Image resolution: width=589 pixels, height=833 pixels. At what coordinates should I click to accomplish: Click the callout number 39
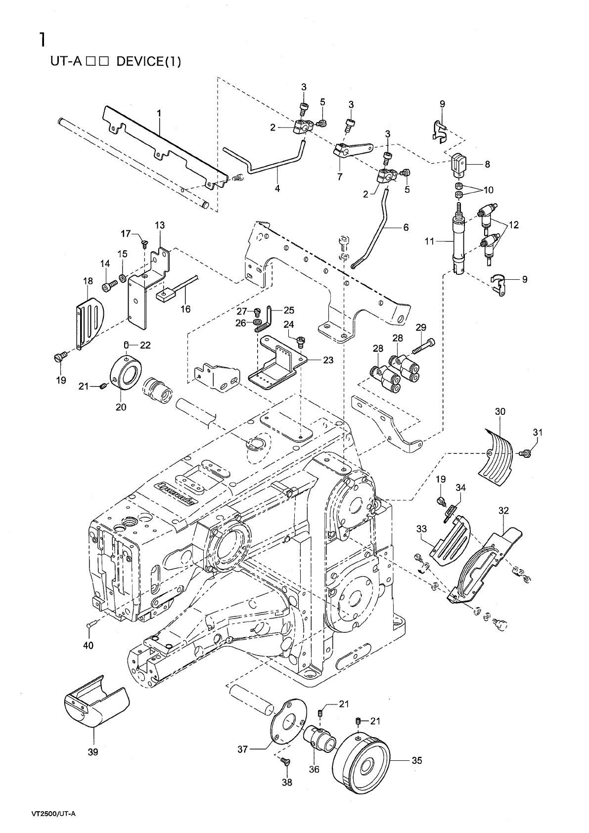(x=93, y=752)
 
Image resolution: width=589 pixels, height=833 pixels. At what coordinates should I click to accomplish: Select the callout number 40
(x=88, y=646)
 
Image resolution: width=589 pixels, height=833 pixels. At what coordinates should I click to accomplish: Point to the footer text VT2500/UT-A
(x=53, y=813)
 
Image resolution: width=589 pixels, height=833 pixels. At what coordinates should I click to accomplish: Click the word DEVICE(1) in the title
(x=149, y=61)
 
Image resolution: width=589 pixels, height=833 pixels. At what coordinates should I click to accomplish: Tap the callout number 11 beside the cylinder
(x=429, y=241)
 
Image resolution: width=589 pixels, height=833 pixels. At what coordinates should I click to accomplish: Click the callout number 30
(x=500, y=411)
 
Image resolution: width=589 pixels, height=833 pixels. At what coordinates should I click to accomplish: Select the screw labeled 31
(x=526, y=453)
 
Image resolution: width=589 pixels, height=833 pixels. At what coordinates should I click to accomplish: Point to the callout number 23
(x=328, y=360)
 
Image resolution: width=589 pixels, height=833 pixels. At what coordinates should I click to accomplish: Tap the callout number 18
(x=88, y=281)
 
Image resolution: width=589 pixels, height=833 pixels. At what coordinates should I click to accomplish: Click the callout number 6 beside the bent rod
(x=406, y=227)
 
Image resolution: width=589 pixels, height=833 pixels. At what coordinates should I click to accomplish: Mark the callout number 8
(x=488, y=164)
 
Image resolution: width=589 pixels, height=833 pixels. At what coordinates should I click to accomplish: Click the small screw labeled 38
(x=285, y=762)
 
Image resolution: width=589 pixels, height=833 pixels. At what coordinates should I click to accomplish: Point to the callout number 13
(x=160, y=225)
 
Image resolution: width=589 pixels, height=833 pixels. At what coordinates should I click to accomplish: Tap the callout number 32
(x=503, y=511)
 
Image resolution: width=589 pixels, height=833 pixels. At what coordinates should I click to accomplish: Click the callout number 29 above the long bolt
(x=421, y=327)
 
